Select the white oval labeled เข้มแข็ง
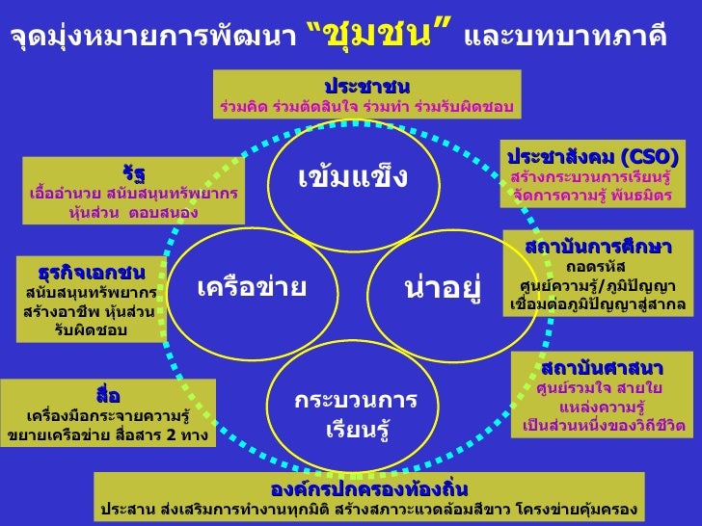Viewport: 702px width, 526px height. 352,177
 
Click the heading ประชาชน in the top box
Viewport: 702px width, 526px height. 366,87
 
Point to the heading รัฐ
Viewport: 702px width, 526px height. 134,173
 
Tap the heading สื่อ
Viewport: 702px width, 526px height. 107,395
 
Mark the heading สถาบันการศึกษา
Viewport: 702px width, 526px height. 597,246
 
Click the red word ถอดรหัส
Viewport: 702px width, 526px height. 596,266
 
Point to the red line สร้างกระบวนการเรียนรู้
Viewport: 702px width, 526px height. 590,178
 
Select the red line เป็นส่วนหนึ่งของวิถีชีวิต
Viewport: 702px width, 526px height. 604,425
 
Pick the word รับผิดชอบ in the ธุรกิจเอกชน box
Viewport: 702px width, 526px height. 93,330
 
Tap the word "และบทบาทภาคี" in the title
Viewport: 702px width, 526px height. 566,38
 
